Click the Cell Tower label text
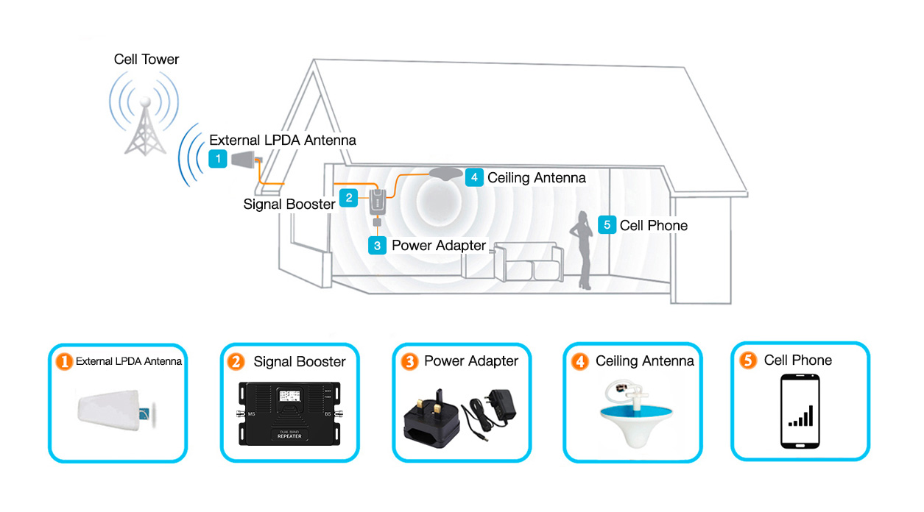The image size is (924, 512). click(x=147, y=59)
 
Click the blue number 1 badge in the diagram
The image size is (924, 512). click(x=217, y=158)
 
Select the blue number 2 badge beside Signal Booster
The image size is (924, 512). click(x=349, y=197)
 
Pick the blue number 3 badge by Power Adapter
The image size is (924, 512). click(x=377, y=245)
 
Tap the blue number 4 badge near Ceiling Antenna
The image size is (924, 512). click(x=473, y=177)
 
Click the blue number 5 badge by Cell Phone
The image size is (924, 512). click(x=607, y=225)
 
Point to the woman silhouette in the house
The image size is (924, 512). click(x=583, y=250)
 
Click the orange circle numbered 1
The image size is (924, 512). click(x=65, y=361)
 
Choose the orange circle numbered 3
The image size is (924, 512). click(x=409, y=361)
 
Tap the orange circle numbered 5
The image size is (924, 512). click(x=749, y=360)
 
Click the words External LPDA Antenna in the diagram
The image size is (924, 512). click(x=283, y=140)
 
